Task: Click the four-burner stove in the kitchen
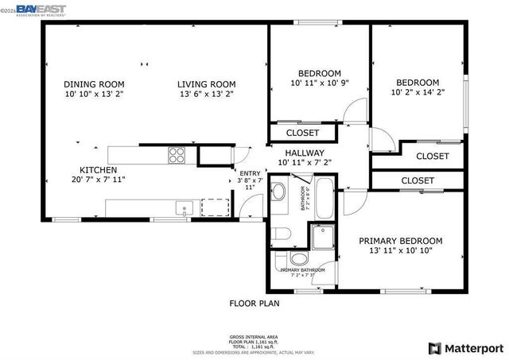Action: coord(176,155)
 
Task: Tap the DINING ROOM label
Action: coord(94,83)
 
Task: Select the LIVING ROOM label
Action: coord(207,83)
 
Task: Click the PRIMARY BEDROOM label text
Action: coord(401,241)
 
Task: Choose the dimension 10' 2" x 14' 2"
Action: coord(418,92)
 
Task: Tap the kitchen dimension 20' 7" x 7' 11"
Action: coord(99,180)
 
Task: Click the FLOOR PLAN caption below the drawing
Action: coord(254,303)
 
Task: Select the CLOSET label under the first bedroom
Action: coord(302,133)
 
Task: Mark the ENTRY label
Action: coord(250,173)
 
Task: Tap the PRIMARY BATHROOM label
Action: coord(302,270)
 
